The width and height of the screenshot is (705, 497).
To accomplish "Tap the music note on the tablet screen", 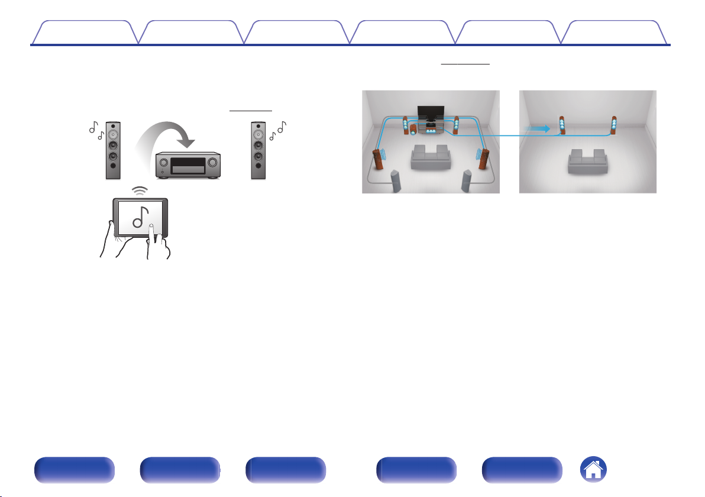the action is click(x=140, y=217).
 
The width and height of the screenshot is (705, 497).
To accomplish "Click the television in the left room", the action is click(x=430, y=112).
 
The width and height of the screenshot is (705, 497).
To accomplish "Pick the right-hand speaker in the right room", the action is click(x=615, y=126).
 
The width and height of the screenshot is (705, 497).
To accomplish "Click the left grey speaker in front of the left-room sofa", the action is click(x=396, y=181).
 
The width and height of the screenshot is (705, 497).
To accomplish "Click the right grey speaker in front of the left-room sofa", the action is click(x=467, y=181).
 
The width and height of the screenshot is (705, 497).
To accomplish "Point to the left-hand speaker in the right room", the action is click(x=561, y=127).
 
